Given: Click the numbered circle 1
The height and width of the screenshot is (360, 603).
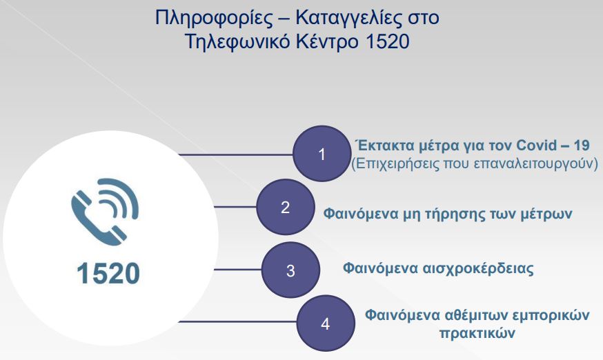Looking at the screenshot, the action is point(322,154).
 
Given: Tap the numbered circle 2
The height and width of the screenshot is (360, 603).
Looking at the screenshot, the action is point(286,207).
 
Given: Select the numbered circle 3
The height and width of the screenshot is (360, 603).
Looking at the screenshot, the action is point(290,270).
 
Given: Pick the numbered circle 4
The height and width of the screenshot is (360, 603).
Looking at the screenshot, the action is point(326,323).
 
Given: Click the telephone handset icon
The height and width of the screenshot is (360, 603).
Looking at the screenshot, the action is point(105,212).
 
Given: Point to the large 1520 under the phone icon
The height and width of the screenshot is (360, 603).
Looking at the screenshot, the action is point(108,274).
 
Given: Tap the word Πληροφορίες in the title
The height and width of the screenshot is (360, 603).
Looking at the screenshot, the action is point(213,19).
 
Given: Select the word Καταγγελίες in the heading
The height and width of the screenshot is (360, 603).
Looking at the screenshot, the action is point(349,19).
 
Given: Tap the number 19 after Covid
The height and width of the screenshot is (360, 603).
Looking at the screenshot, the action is point(581,146).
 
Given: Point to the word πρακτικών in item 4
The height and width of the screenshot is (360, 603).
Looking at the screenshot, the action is point(477,333).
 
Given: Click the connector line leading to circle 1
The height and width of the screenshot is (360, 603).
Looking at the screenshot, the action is point(236,155).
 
